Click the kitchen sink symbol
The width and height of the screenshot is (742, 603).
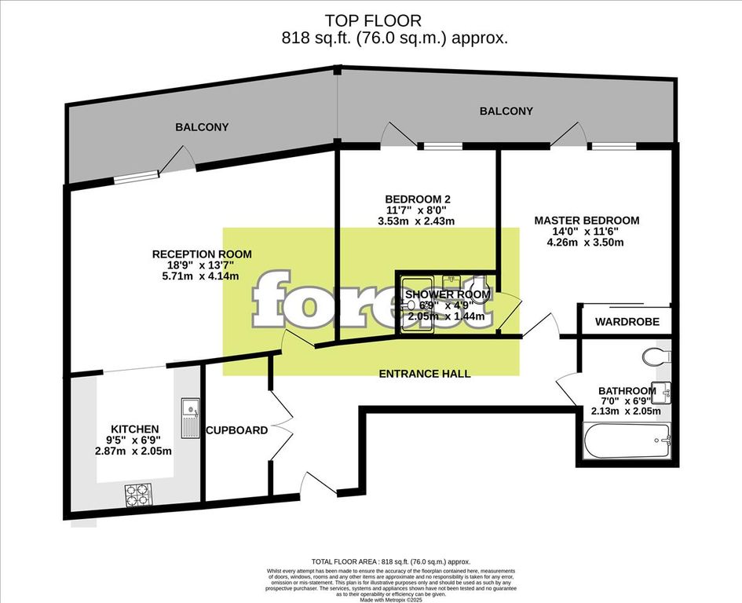click(x=189, y=418)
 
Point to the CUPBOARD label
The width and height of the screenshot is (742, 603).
click(x=236, y=430)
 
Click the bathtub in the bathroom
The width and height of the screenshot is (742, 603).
click(x=627, y=440)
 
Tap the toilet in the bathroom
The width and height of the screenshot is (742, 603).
click(x=655, y=356)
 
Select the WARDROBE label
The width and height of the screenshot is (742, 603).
click(x=627, y=322)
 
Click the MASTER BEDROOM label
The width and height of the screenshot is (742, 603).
click(x=587, y=221)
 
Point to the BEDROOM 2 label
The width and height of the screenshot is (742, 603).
click(x=418, y=199)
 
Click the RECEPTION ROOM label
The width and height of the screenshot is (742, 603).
click(x=202, y=254)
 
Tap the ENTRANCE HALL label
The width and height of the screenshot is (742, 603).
click(x=425, y=374)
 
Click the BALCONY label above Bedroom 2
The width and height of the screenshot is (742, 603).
click(x=506, y=111)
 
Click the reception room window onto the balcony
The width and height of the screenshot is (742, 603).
click(x=131, y=179)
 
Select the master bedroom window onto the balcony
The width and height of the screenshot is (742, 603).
click(x=613, y=146)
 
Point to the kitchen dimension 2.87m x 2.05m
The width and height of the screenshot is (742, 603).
click(x=130, y=451)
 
